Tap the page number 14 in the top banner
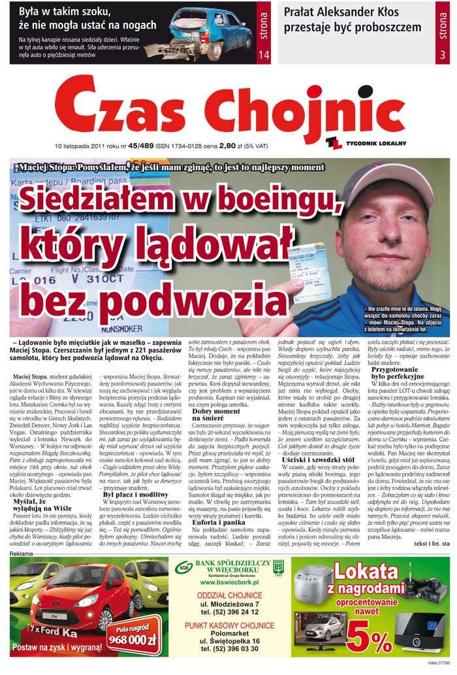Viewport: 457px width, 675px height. pos(264,56)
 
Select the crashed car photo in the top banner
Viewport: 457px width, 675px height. pos(208,34)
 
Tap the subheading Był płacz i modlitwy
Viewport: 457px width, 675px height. pos(134,495)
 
